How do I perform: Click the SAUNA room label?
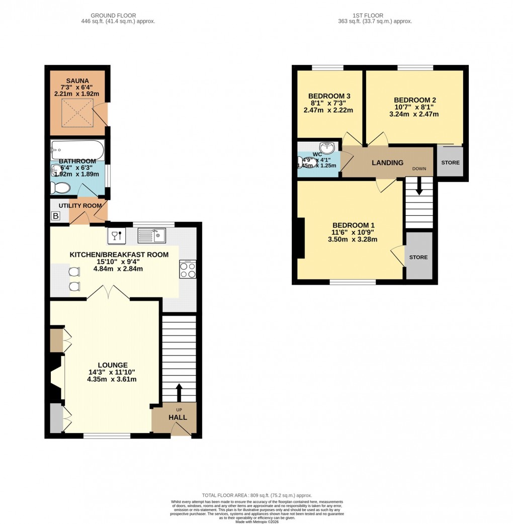point(78,80)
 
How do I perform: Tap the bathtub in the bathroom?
point(77,150)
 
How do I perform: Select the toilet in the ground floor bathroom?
point(60,188)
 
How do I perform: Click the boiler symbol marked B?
point(55,217)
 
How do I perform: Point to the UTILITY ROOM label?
point(80,206)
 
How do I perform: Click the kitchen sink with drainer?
point(151,235)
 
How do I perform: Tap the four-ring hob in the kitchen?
point(188,270)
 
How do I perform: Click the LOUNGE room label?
point(112,365)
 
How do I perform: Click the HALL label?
point(178,417)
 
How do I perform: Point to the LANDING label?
point(387,162)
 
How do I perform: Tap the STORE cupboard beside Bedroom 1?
point(418,257)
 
